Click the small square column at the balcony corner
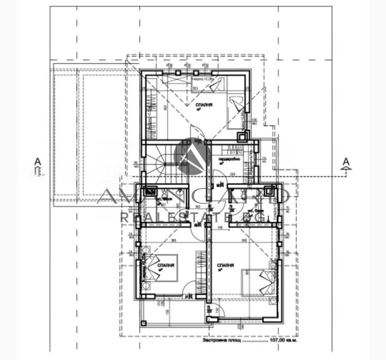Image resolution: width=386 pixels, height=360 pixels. [209, 319]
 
